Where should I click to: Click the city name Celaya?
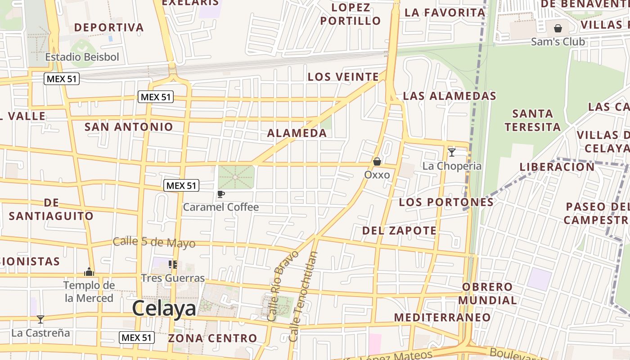click(164, 309)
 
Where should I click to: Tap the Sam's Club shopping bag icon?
click(558, 28)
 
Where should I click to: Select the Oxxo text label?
click(377, 175)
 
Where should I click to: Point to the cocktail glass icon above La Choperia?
click(452, 152)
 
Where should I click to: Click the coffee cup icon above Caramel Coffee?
click(220, 194)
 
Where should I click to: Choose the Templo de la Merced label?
click(89, 291)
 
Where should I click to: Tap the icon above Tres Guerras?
click(172, 265)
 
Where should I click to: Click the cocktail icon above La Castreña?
click(40, 319)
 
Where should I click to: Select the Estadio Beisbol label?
click(82, 57)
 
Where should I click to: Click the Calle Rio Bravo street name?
click(282, 286)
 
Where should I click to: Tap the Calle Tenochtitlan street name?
click(303, 296)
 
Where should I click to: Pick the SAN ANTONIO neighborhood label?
click(129, 127)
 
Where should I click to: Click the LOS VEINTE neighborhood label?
click(343, 77)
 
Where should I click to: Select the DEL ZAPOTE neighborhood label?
click(400, 231)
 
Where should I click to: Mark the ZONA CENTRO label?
click(212, 338)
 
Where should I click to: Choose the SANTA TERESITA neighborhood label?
click(533, 120)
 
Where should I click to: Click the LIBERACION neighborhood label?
click(557, 167)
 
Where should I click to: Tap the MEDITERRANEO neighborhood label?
click(442, 317)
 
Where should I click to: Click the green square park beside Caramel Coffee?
click(236, 177)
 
